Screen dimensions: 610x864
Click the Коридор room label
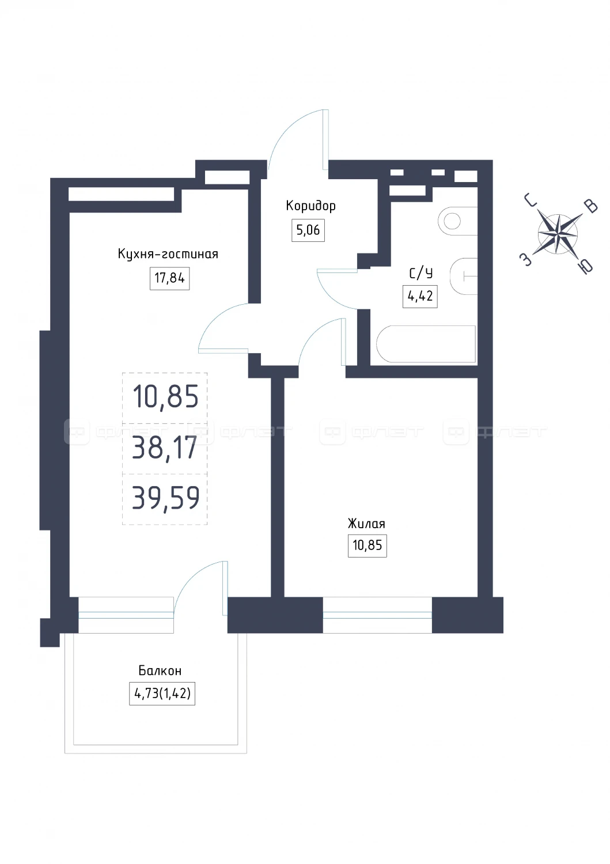[x=310, y=206]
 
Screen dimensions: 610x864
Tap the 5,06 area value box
[x=308, y=230]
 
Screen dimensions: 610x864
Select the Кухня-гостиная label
[x=168, y=254]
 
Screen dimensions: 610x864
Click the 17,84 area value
[x=169, y=278]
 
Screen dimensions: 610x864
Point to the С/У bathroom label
[x=420, y=273]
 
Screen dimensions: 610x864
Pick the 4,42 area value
[x=420, y=296]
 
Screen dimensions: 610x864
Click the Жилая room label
[x=366, y=524]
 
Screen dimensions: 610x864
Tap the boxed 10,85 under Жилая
[x=367, y=546]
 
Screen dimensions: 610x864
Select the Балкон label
[x=160, y=671]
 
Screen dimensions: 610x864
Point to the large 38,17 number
[x=165, y=448]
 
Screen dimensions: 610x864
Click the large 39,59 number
[x=165, y=498]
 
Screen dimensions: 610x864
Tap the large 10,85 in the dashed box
[x=165, y=396]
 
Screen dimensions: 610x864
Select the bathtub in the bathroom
[x=426, y=344]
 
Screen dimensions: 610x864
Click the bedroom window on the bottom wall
[x=377, y=615]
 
